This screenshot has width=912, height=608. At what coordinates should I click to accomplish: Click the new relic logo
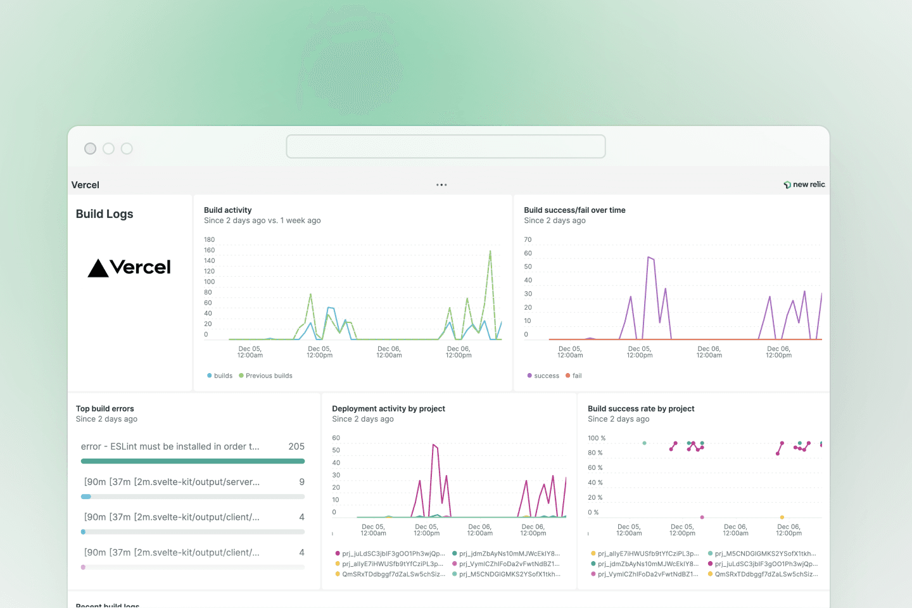[x=804, y=184]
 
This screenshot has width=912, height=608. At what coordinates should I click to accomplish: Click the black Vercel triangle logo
[x=98, y=268]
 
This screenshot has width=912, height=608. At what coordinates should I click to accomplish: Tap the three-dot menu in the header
[x=441, y=185]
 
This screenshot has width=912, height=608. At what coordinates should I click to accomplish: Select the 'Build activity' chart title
[x=227, y=210]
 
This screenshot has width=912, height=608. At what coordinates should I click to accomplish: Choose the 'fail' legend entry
[x=576, y=376]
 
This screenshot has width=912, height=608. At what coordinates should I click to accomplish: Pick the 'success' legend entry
[x=546, y=376]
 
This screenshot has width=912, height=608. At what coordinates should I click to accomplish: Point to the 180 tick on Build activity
[x=209, y=240]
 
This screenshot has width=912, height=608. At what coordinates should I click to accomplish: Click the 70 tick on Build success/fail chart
[x=528, y=240]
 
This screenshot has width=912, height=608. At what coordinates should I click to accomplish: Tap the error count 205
[x=296, y=446]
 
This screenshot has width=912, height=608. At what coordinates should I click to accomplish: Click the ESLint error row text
[x=170, y=446]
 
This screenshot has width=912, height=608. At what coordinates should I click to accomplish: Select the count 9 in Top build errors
[x=302, y=482]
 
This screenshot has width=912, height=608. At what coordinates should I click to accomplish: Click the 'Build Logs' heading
[x=104, y=214]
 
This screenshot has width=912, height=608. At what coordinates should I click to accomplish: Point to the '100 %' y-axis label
[x=597, y=438]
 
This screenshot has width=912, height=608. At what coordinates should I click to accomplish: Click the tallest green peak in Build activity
[x=490, y=251]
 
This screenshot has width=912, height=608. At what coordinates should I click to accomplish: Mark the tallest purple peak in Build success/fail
[x=649, y=257]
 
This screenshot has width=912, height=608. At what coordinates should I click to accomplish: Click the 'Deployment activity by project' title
[x=388, y=408]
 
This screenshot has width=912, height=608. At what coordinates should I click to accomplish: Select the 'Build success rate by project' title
[x=641, y=408]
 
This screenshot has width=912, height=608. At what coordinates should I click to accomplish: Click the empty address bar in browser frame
[x=446, y=146]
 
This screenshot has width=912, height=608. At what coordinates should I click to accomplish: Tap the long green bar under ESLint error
[x=193, y=461]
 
